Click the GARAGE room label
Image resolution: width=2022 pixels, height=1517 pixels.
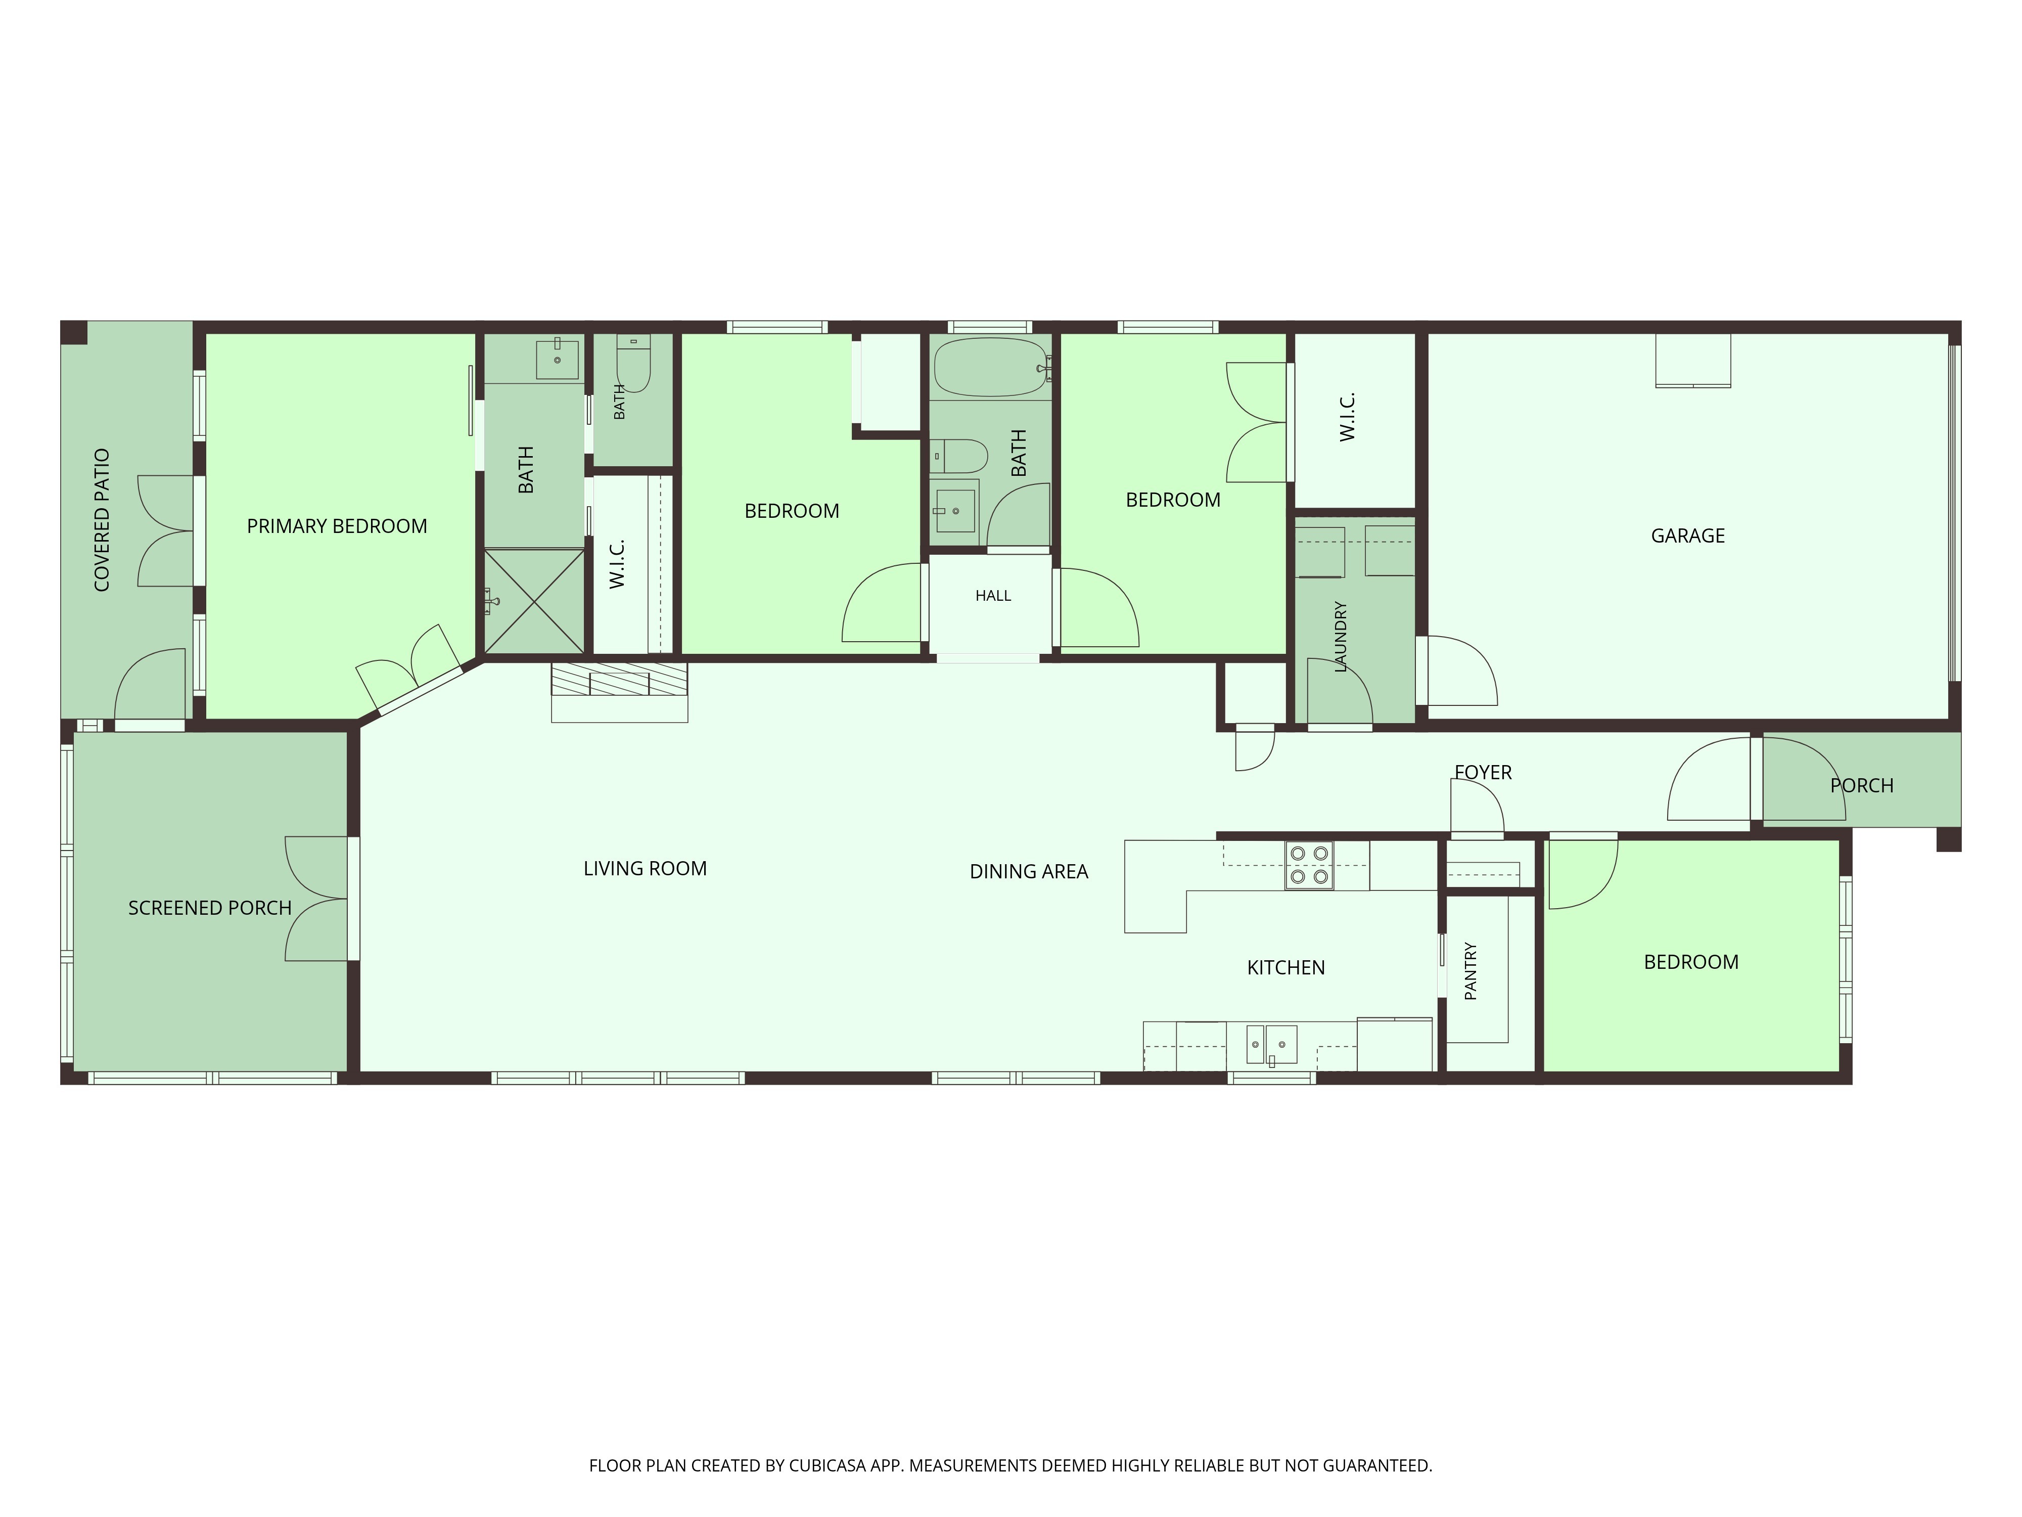coord(1687,536)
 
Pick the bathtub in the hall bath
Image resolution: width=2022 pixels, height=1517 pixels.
coord(990,368)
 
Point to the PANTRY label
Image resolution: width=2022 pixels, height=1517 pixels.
coord(1471,971)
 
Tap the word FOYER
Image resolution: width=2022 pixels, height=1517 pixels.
coord(1483,773)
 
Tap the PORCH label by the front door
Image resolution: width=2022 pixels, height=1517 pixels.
coord(1861,785)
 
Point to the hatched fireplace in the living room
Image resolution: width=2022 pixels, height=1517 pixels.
coord(619,679)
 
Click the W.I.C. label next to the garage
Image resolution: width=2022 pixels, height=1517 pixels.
coord(1347,417)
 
